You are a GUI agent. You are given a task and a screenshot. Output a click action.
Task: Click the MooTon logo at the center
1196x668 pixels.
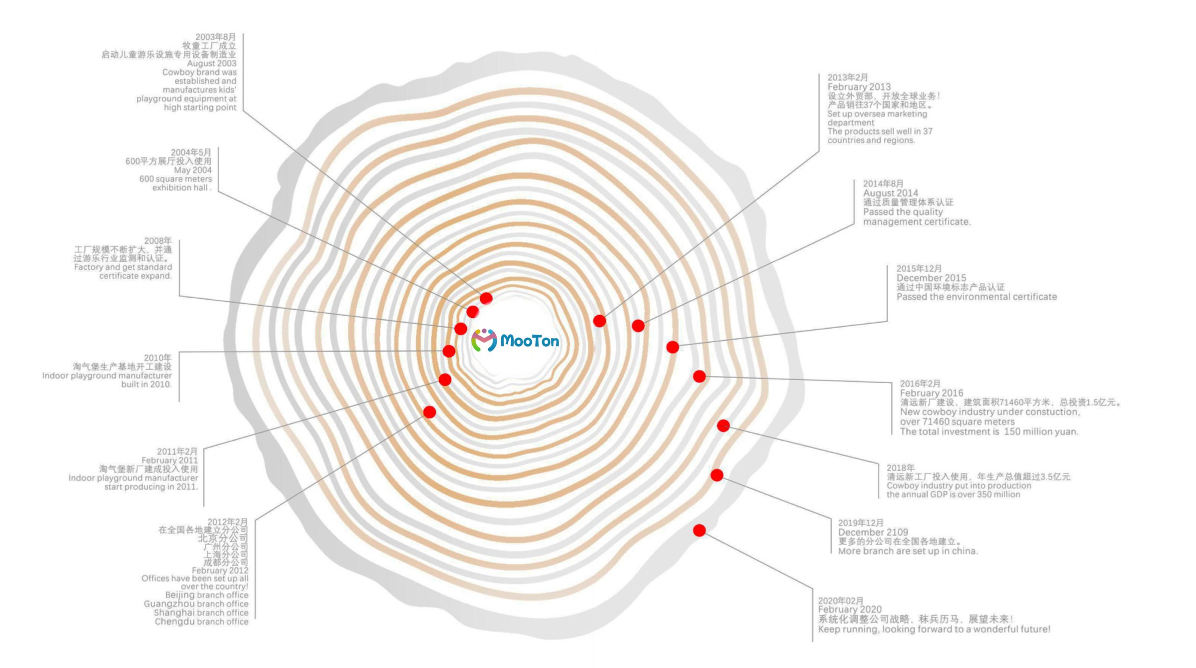coord(515,340)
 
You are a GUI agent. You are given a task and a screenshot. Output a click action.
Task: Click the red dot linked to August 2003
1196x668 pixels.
coord(486,298)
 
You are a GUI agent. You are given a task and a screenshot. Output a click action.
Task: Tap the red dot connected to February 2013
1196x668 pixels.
coord(599,321)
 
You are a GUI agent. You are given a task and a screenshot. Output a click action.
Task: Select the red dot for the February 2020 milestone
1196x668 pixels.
coord(699,530)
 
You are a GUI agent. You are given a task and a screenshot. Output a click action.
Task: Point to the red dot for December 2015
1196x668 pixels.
coord(672,347)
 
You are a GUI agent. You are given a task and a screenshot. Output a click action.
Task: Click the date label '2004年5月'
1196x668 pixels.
coord(191,152)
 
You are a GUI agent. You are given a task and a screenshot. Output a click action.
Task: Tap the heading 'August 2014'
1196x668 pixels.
coord(890,193)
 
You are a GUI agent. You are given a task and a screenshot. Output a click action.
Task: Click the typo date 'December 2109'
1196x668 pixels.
coord(873,532)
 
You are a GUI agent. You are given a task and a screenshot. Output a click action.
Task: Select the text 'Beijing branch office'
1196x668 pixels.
coord(206,595)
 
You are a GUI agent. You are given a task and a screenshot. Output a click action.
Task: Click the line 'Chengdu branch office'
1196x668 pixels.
coord(201,622)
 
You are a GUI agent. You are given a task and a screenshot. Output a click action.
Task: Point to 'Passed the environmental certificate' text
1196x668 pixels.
coord(976,297)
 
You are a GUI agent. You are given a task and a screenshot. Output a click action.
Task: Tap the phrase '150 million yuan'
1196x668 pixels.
coord(1041,432)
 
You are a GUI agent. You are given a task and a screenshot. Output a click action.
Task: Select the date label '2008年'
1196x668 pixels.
coord(157,241)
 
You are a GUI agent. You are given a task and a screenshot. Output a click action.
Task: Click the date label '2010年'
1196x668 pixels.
coord(157,358)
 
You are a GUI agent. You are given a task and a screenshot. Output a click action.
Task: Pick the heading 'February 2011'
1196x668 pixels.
coord(170,460)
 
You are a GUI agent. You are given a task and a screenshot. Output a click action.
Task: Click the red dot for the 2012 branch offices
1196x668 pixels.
coord(429,412)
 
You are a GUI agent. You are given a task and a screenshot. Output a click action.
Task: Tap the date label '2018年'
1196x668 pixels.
coord(900,468)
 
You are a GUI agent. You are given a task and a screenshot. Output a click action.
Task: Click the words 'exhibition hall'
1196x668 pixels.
coord(180,188)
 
